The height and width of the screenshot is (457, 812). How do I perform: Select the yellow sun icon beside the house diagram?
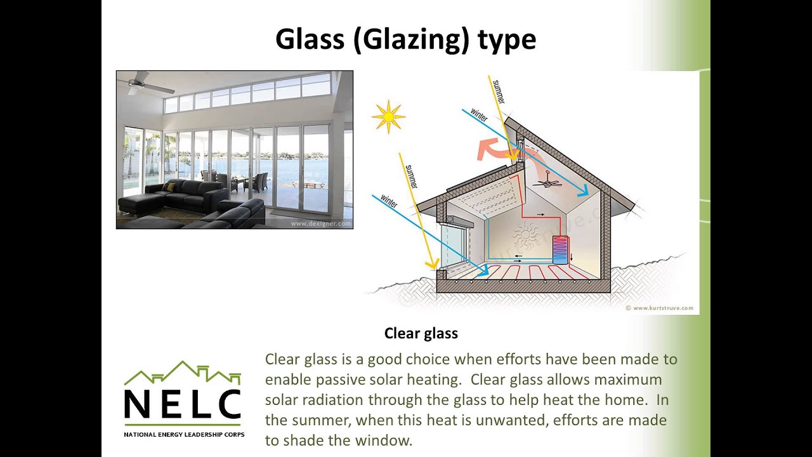388,117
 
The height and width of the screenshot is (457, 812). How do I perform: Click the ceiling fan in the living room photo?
136,83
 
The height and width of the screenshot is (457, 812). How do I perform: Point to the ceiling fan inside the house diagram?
547,183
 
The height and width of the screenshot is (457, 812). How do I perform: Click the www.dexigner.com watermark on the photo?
320,223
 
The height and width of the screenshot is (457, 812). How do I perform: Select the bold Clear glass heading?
421,333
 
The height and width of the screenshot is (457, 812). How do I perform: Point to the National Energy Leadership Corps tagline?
183,435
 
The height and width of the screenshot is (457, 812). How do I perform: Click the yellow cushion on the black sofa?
170,187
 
